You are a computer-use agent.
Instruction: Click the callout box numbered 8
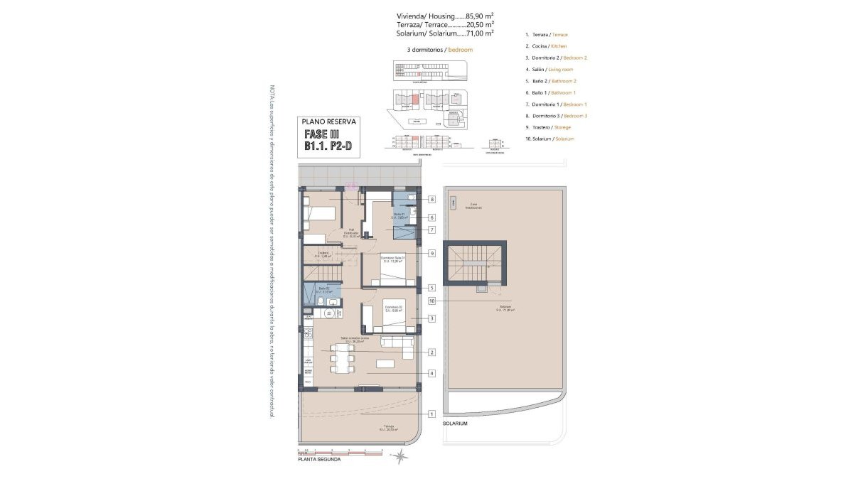tap(431, 200)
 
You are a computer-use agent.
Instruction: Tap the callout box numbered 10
tap(431, 301)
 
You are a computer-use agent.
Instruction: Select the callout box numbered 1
tap(431, 414)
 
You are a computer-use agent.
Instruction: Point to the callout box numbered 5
tap(431, 288)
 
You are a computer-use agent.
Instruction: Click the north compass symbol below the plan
tap(402, 455)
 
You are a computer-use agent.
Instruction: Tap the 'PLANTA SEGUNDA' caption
tap(319, 460)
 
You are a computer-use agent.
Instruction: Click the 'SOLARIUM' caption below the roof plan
tap(455, 424)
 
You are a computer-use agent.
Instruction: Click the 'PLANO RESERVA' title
tap(328, 122)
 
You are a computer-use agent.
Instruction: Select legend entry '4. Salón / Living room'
tap(549, 70)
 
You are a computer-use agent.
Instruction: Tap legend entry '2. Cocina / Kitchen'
tap(546, 46)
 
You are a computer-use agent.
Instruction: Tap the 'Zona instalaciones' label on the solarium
tap(473, 207)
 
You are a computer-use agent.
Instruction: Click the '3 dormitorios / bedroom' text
tap(440, 50)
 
